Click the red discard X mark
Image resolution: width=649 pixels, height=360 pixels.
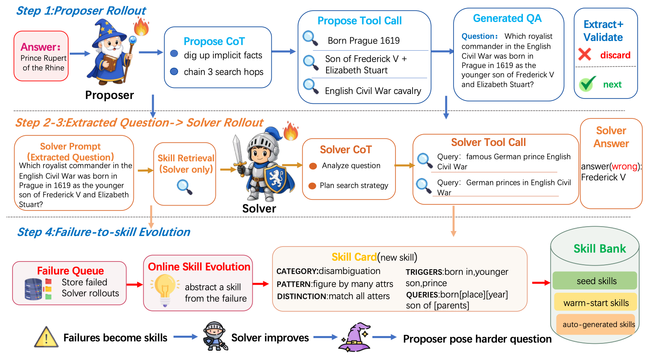585,54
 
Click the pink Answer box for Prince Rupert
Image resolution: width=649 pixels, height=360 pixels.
41,56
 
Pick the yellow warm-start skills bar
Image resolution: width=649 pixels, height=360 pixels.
595,303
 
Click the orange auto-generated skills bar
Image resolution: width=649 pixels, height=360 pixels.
596,324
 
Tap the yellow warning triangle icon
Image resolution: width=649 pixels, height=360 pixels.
46,337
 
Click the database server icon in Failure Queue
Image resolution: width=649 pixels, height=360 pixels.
34,289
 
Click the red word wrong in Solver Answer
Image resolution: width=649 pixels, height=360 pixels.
624,166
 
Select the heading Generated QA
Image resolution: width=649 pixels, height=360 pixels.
507,18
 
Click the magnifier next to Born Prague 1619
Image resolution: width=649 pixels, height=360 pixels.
310,38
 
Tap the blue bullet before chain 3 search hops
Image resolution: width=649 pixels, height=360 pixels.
174,71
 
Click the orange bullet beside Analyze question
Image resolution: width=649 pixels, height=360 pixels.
313,166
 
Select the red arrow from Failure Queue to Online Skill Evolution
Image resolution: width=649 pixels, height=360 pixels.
135,285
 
